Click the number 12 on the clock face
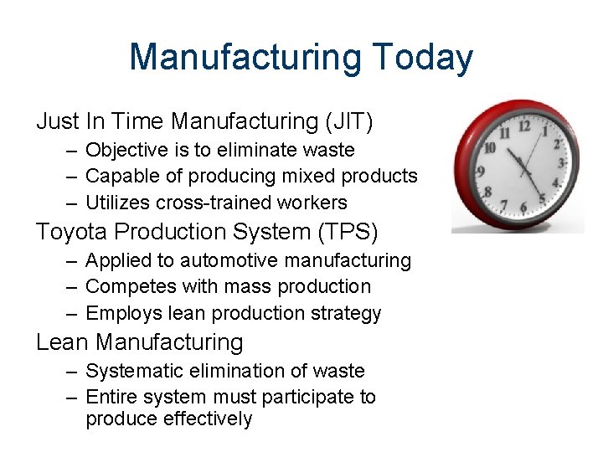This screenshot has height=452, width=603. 524,126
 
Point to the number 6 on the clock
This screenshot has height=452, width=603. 523,208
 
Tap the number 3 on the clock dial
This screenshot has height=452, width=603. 562,162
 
